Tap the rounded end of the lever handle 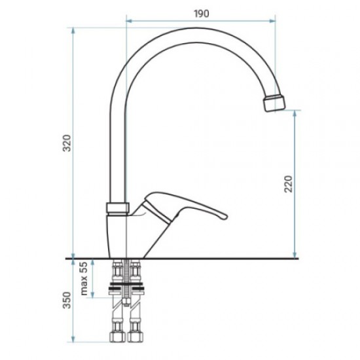pos(219,214)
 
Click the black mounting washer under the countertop pos(126,289)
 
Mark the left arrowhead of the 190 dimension pos(127,21)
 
